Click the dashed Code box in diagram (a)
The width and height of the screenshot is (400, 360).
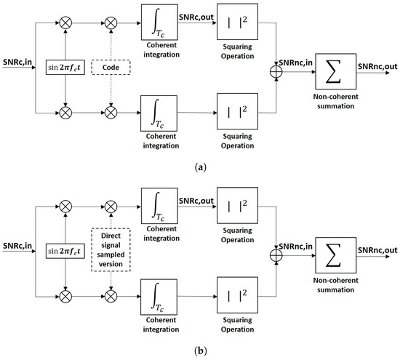111,64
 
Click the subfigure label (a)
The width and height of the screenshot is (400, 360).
200,167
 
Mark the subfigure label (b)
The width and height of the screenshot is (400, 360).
200,351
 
